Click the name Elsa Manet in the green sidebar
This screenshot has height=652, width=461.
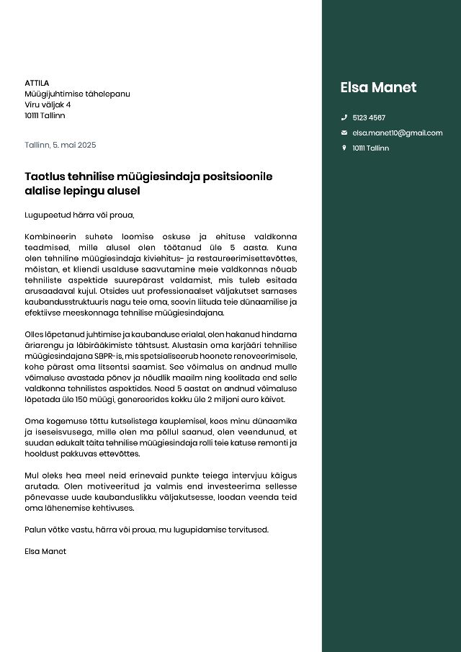pos(378,88)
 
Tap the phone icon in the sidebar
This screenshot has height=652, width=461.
pos(344,117)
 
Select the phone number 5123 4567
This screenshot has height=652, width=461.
pos(369,117)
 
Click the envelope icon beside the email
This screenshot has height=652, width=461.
pos(344,133)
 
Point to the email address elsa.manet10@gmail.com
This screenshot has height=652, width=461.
pos(397,133)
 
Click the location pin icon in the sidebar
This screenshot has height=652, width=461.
pos(344,148)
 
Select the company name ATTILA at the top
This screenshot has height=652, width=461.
pos(37,83)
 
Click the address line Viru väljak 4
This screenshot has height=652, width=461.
pos(48,104)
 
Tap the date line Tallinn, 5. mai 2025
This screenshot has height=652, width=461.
pos(60,145)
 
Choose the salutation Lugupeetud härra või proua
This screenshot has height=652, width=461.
pos(79,215)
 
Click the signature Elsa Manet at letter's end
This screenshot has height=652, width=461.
pos(45,551)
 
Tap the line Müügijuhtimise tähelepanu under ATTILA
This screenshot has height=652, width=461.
pos(77,94)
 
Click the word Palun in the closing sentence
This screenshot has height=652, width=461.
pos(35,530)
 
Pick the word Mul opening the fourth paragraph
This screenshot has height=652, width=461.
pos(31,475)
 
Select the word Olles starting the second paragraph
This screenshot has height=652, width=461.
pos(35,334)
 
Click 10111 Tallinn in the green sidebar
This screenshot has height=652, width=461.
pos(370,148)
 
